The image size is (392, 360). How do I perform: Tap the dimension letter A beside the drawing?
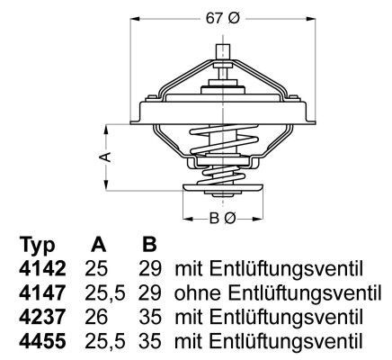[x=105, y=157]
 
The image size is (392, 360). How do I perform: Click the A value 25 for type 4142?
[x=97, y=269]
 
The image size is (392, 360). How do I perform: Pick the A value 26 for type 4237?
[x=97, y=318]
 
